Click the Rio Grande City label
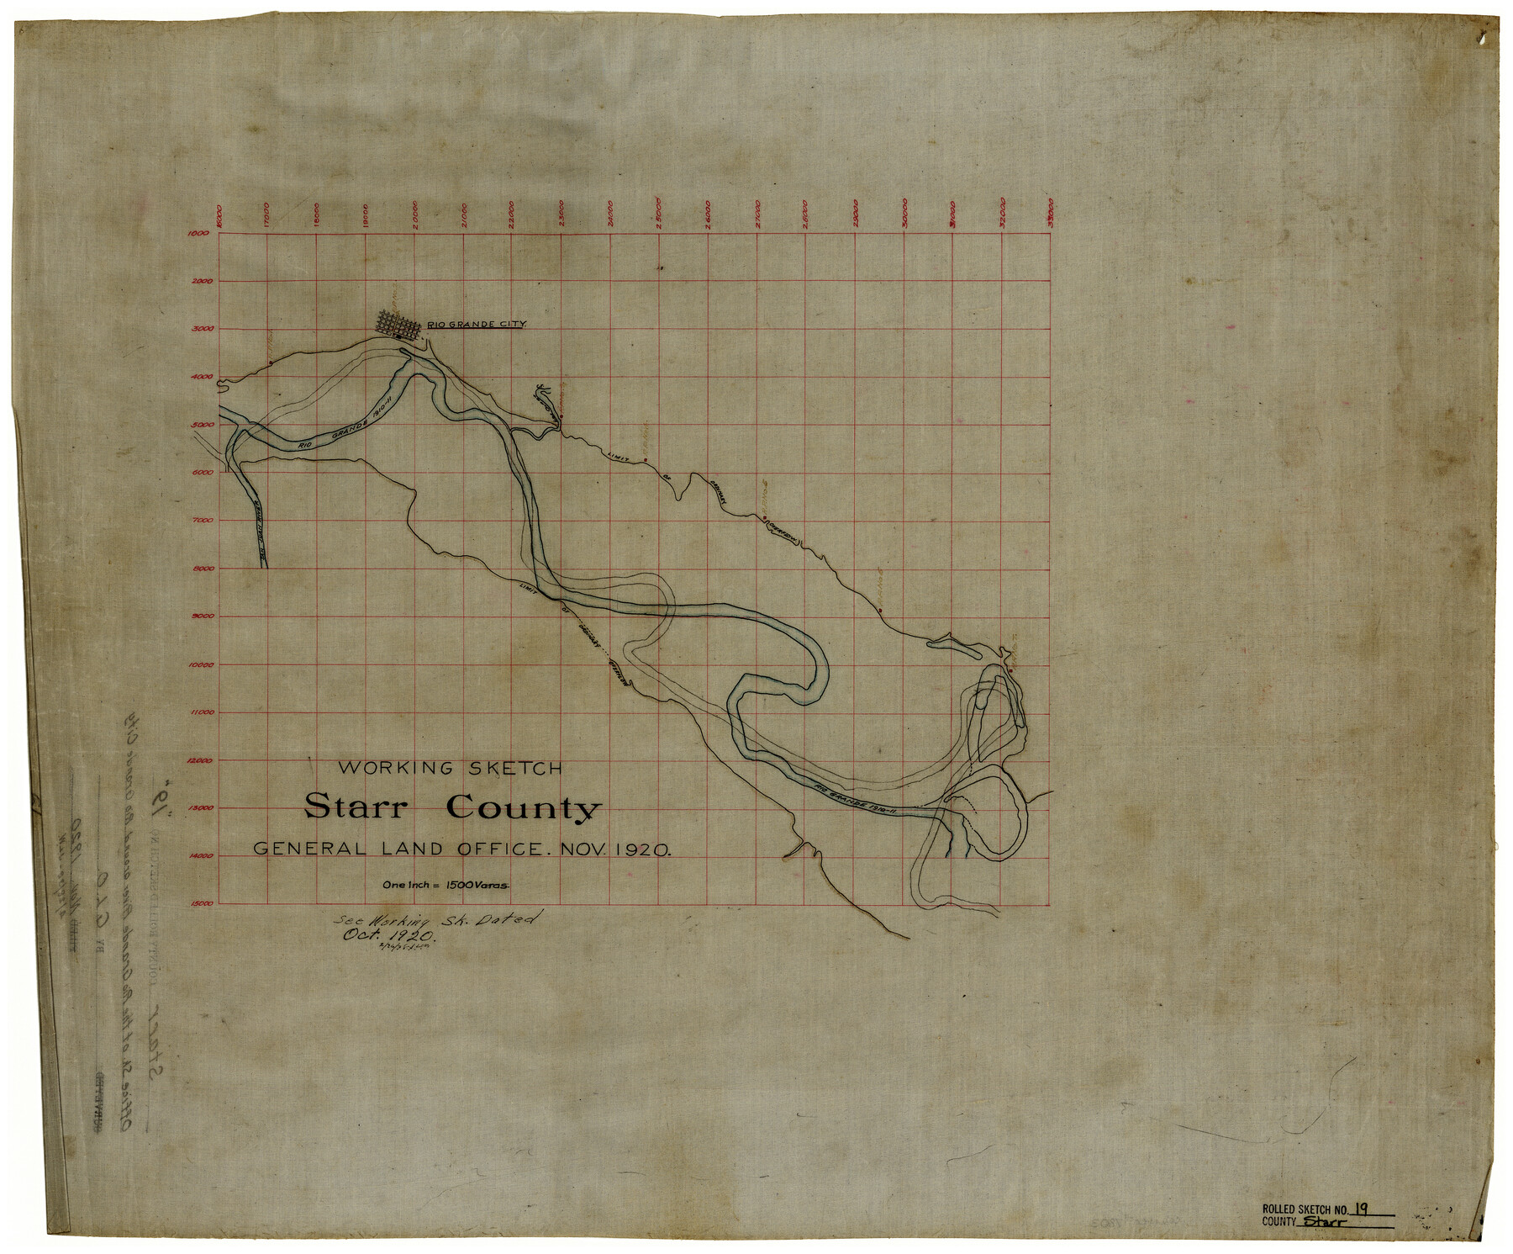click(x=477, y=324)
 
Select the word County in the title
click(x=525, y=807)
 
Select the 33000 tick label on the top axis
click(x=1051, y=214)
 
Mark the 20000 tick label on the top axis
click(x=414, y=214)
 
